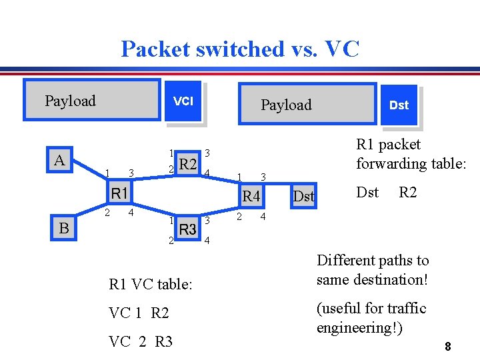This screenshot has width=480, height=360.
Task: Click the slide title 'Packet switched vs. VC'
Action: (240, 49)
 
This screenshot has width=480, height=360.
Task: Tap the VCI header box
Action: (183, 101)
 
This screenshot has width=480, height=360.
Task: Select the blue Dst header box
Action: (399, 105)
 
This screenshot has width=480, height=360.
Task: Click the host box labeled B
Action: (65, 228)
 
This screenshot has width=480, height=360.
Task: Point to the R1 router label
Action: (120, 194)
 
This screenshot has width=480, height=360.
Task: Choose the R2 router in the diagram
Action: (188, 164)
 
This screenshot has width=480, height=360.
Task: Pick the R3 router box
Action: (188, 229)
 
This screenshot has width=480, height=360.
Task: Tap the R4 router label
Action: (251, 196)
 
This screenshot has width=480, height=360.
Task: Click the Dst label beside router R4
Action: (304, 196)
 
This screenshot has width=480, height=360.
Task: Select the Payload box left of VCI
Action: (91, 101)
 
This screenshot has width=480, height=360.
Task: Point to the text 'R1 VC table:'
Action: (151, 285)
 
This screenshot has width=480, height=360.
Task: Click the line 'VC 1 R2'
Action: (139, 313)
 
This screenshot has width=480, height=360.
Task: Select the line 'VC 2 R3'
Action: (141, 342)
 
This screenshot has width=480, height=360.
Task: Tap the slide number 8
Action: (448, 347)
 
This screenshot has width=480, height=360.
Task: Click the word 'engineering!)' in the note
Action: (359, 328)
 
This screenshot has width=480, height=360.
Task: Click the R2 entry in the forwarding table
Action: (408, 193)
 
